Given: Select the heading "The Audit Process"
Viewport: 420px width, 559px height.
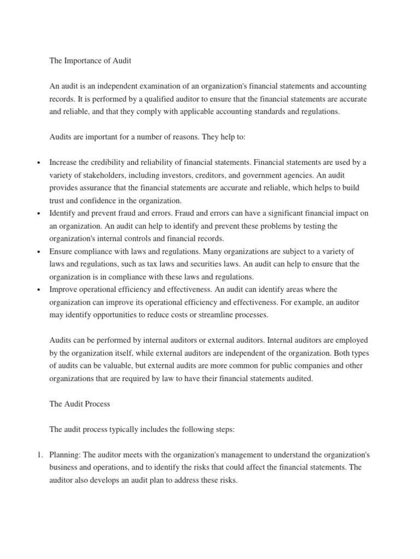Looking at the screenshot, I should tap(80, 404).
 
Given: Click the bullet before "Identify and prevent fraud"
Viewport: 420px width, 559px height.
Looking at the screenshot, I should tap(38, 213).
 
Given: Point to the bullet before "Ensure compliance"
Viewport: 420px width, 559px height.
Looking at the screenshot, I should tap(38, 252).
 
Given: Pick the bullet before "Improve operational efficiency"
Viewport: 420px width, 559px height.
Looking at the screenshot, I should tap(38, 290).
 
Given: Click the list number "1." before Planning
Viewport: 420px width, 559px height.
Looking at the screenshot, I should tap(38, 455).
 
